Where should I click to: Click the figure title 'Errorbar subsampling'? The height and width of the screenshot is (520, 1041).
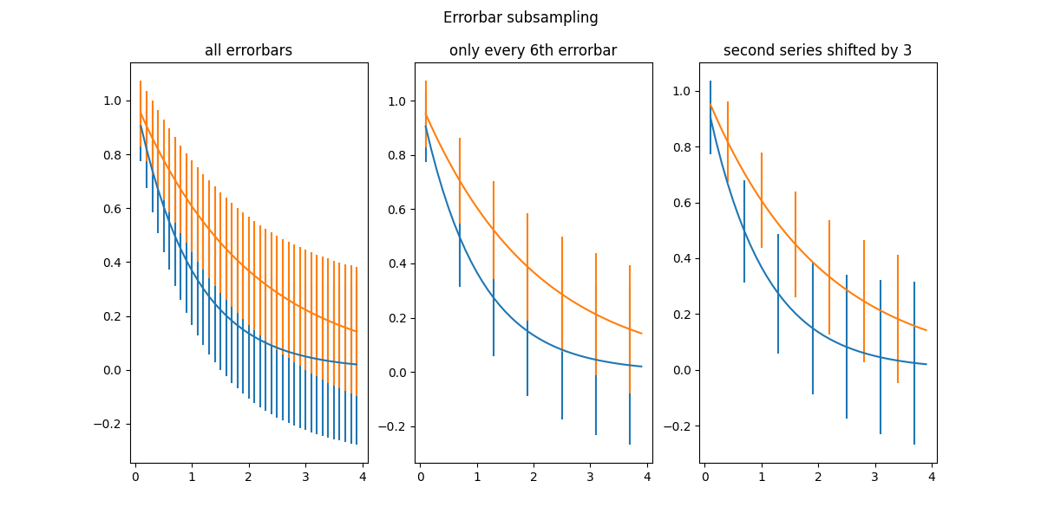[520, 17]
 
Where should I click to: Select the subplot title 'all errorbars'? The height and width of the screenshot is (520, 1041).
[248, 50]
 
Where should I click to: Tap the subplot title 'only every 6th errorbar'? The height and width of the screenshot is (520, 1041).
[533, 50]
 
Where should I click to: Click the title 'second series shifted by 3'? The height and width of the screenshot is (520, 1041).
[817, 50]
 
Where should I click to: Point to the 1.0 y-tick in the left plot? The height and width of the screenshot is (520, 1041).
[113, 101]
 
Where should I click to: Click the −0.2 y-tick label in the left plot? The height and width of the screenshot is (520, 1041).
[109, 424]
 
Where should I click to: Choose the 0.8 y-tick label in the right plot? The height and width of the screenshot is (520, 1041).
[684, 147]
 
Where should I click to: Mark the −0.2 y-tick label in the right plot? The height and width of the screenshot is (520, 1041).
[679, 426]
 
